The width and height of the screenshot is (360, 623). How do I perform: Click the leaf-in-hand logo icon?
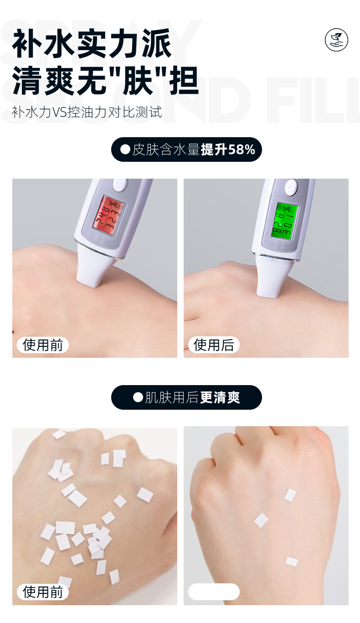coord(336,40)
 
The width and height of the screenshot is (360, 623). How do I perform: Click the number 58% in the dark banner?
coord(242,149)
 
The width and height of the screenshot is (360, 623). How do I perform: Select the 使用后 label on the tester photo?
coord(213,345)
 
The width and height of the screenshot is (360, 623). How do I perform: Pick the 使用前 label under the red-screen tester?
coord(42,345)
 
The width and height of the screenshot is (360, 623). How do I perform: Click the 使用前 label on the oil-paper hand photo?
coord(42,592)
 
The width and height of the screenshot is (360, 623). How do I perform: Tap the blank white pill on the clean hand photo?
coord(213,592)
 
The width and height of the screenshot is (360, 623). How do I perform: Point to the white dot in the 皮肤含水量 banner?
coord(125,149)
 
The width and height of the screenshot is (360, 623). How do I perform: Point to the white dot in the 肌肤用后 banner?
coord(138,397)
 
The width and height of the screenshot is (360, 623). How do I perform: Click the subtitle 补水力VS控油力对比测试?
coord(87,112)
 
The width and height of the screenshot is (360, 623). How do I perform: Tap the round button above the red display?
coord(120,185)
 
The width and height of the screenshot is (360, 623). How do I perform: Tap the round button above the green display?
coord(290,186)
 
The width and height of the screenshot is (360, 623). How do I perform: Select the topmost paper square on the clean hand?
coord(290,494)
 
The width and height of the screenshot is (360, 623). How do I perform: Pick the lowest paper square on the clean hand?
coord(292,561)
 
